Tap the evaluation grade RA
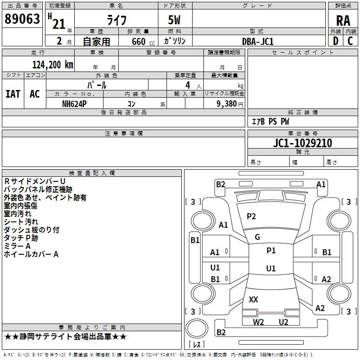[x=343, y=21]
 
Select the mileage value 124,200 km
[x=53, y=64]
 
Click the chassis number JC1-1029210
[x=302, y=144]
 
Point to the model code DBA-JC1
[x=258, y=41]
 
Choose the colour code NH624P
[x=74, y=103]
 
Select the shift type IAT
[x=13, y=94]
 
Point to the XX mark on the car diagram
[x=253, y=299]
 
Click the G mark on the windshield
[x=257, y=237]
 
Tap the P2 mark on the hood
[x=251, y=216]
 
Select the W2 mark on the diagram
[x=258, y=322]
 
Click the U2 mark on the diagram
[x=283, y=322]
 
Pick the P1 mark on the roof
[x=271, y=251]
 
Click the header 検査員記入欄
[x=92, y=173]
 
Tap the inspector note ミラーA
[x=17, y=246]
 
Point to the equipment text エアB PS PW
[x=270, y=121]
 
